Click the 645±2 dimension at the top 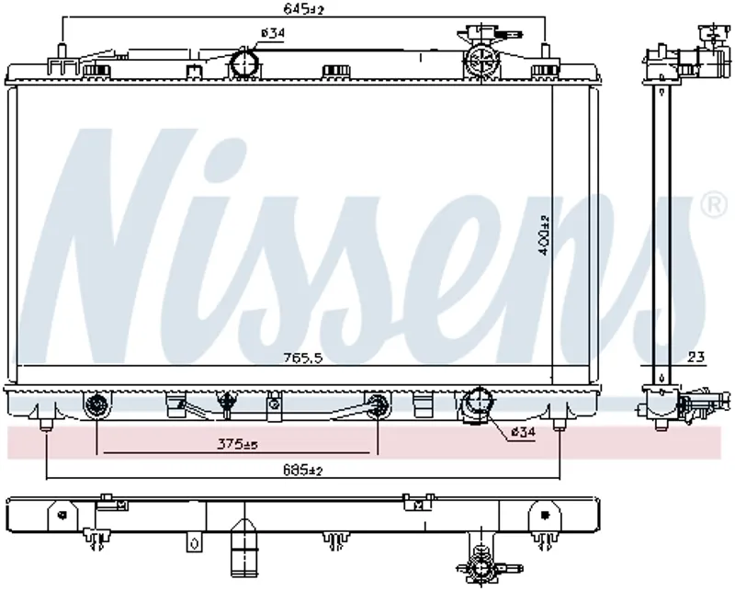coord(304,8)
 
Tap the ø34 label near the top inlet coord(273,33)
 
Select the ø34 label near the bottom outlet coord(523,431)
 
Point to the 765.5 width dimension coord(303,358)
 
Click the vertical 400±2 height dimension coord(544,234)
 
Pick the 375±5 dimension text coord(237,443)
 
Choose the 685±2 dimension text coord(303,470)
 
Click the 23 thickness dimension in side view coord(697,358)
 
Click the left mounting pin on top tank coord(61,51)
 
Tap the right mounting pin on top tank coord(545,51)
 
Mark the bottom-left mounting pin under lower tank coord(46,424)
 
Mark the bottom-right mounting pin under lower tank coord(559,424)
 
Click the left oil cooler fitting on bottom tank coord(97,404)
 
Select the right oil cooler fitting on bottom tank coord(378,404)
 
